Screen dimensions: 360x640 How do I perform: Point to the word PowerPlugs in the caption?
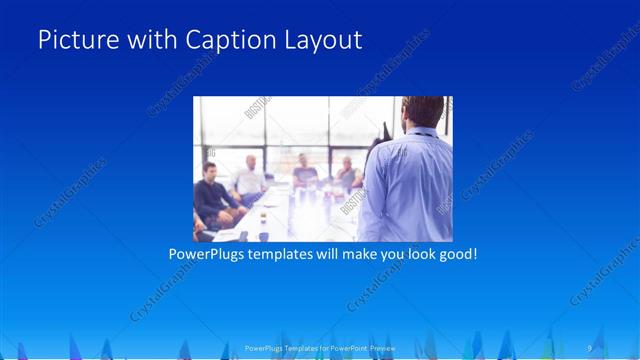pyautogui.click(x=208, y=254)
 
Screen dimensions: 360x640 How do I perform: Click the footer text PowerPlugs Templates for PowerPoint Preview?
pyautogui.click(x=319, y=348)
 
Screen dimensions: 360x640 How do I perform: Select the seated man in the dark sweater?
pyautogui.click(x=213, y=192)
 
